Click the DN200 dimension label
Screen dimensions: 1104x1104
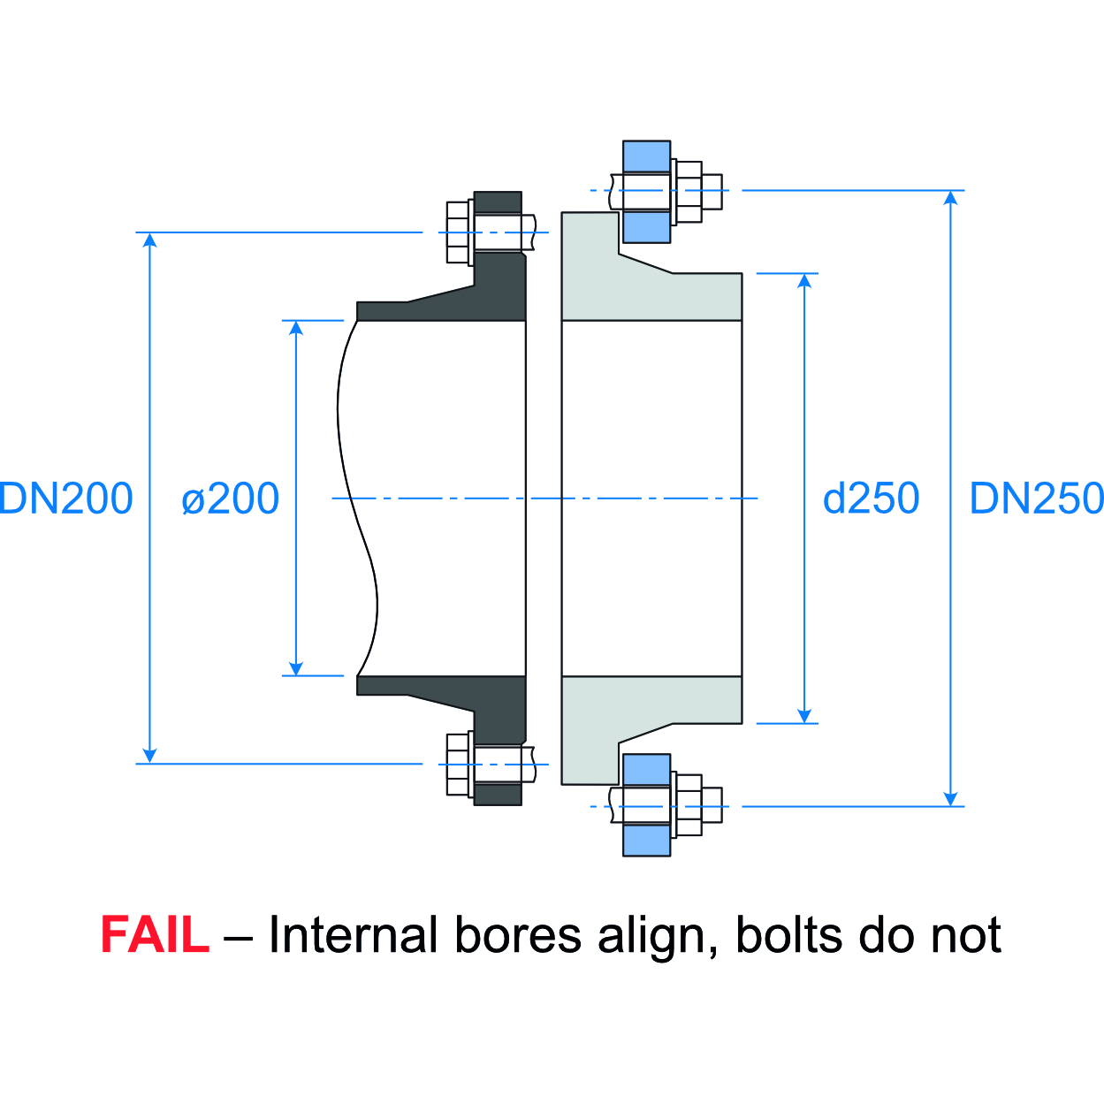[x=66, y=499]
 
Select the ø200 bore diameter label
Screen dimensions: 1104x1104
[x=230, y=499]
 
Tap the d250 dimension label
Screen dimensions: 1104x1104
[x=871, y=499]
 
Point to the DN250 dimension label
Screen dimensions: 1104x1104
[x=1036, y=499]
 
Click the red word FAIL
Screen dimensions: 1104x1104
[x=155, y=935]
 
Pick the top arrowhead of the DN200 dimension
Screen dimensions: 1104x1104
[x=150, y=240]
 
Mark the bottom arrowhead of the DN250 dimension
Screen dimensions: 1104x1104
[x=951, y=798]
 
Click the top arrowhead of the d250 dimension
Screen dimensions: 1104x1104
[x=804, y=281]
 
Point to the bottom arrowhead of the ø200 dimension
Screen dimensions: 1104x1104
[x=296, y=668]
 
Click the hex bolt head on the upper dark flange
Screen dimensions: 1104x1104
[x=459, y=232]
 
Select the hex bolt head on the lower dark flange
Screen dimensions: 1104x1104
[x=459, y=764]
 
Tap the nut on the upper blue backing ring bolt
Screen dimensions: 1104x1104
[x=688, y=191]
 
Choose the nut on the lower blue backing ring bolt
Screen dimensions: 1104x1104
[x=688, y=805]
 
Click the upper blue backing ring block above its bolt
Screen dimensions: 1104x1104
[x=646, y=156]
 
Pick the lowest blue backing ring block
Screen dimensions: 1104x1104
[x=646, y=840]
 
